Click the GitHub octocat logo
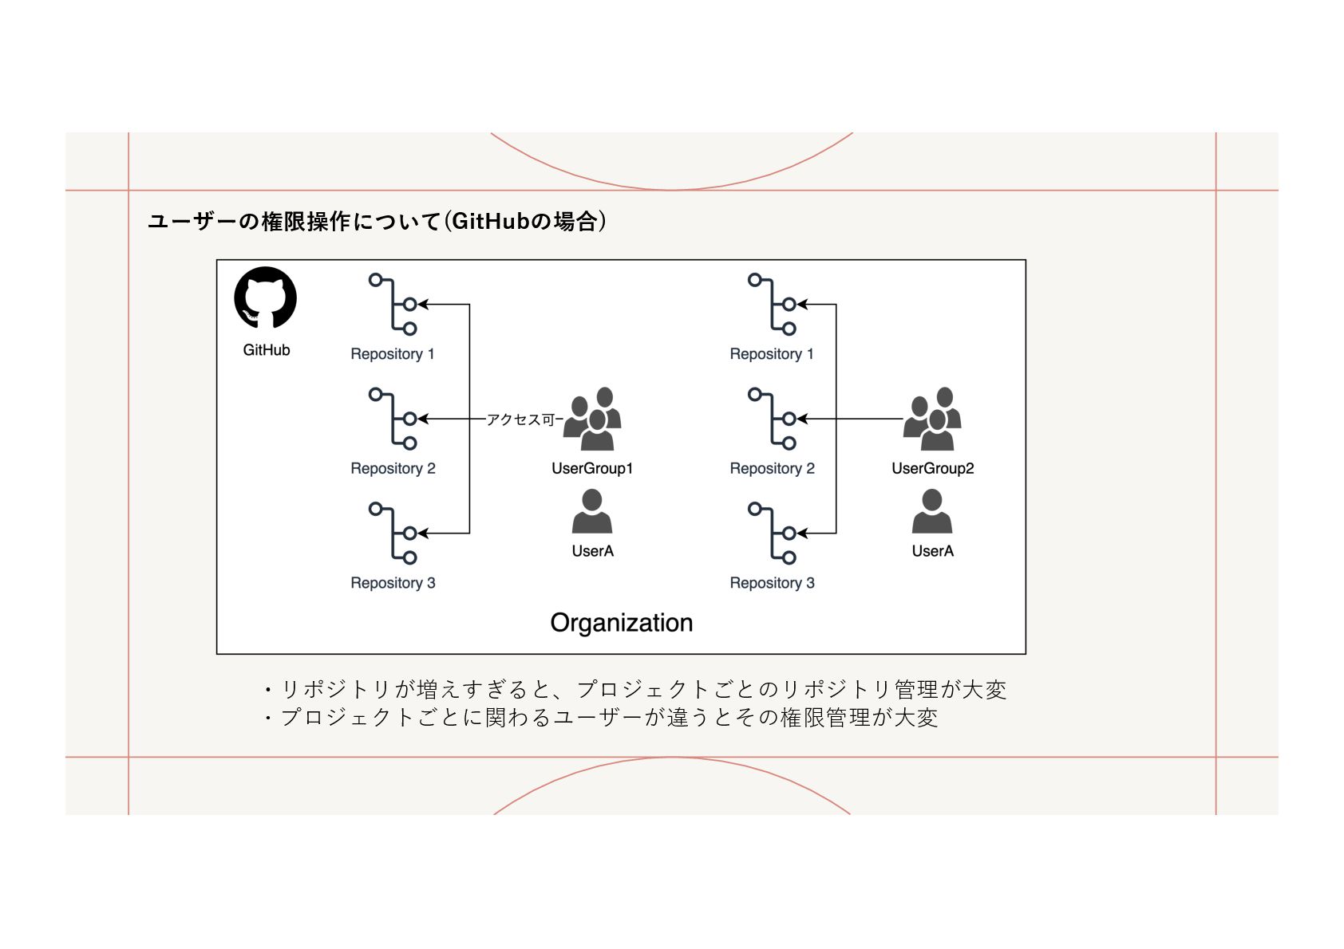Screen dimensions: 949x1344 [x=265, y=298]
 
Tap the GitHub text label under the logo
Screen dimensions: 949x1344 [x=267, y=350]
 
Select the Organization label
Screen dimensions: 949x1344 [x=621, y=623]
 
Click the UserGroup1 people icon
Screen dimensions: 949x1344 [x=592, y=419]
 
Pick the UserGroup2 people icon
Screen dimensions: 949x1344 [x=932, y=419]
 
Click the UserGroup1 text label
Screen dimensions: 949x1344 [x=592, y=468]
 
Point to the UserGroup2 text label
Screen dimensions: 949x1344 [x=932, y=468]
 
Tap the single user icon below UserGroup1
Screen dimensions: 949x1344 [x=592, y=512]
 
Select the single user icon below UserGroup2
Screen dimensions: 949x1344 [x=932, y=512]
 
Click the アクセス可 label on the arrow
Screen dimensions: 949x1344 [x=520, y=419]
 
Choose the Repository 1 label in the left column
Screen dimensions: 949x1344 [x=393, y=354]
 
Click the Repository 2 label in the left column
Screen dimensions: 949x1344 [x=393, y=469]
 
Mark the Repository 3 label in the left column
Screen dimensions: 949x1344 [x=393, y=583]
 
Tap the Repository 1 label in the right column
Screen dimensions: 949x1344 [x=772, y=354]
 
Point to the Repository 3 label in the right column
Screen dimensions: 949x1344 [x=772, y=583]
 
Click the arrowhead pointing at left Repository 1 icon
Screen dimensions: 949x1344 [x=423, y=305]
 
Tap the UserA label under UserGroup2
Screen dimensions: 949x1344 [x=932, y=551]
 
